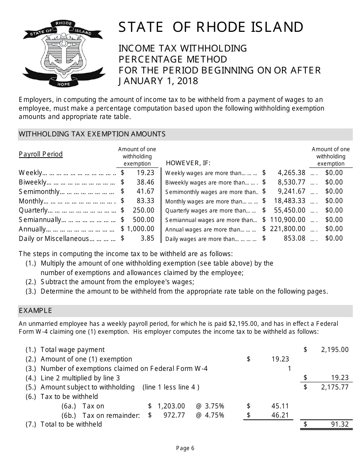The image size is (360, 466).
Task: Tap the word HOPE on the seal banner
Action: coord(63,84)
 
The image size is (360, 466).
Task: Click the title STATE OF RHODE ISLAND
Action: coord(211,28)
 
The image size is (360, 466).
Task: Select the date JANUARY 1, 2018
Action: coord(158,81)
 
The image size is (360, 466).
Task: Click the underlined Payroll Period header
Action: coord(41,154)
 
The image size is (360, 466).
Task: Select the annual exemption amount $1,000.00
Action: coord(138,229)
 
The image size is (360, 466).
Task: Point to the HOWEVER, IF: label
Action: coord(188,163)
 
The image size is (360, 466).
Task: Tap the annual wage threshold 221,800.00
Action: coord(288,229)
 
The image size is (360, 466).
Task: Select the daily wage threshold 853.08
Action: coord(294,238)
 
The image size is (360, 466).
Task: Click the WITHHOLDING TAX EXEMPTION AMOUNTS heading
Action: coord(92,134)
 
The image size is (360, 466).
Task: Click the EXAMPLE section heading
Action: coord(35,311)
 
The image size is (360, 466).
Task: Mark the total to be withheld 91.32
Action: coord(340,424)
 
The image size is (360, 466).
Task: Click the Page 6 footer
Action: coord(185,449)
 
